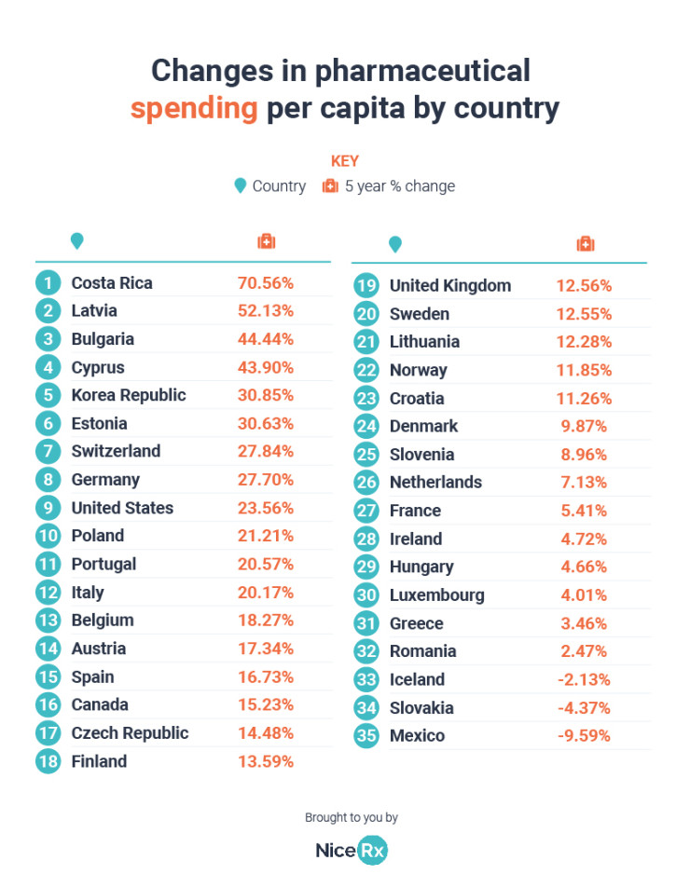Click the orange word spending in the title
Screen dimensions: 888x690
click(x=194, y=109)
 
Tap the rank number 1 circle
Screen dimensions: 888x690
click(x=48, y=282)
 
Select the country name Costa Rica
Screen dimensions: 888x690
click(x=112, y=282)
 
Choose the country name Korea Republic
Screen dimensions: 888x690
click(x=129, y=395)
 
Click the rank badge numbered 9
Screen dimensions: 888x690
click(x=48, y=508)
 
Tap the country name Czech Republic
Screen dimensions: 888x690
click(x=130, y=732)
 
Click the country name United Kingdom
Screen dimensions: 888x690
click(x=450, y=285)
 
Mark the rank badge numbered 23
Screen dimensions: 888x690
click(x=366, y=398)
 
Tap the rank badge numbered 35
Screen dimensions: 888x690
click(x=366, y=735)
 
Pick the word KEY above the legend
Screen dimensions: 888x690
click(x=345, y=161)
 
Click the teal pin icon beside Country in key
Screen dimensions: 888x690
click(x=240, y=185)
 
